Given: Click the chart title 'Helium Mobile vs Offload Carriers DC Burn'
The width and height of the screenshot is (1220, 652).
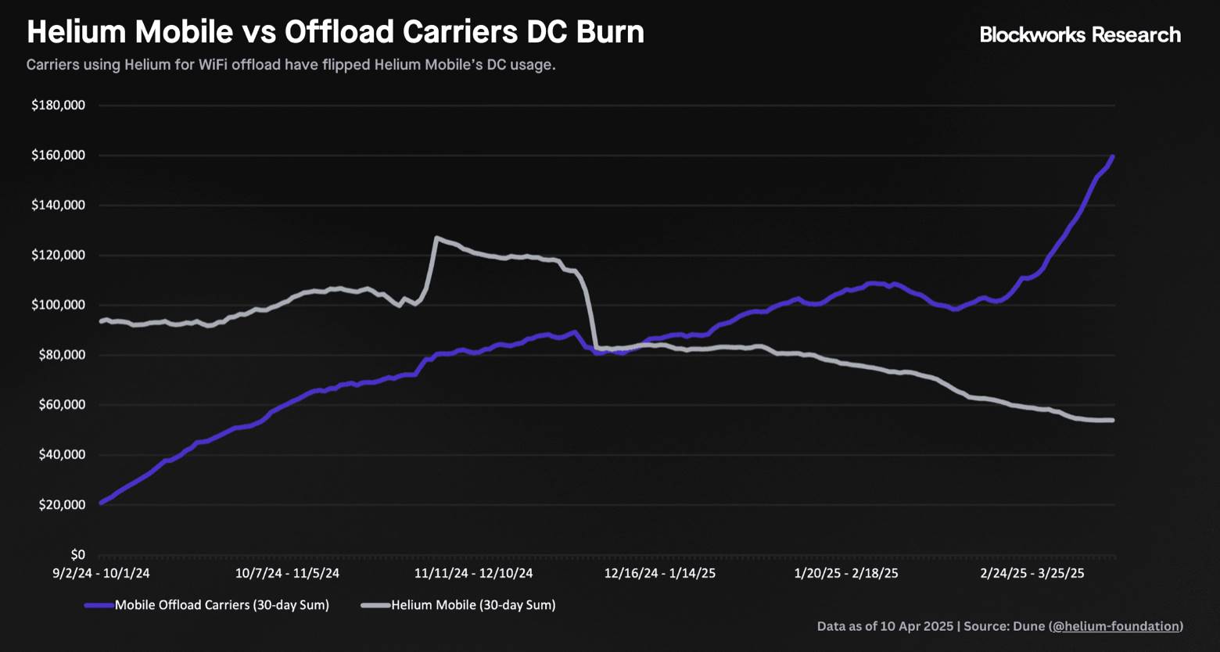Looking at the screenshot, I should pos(335,32).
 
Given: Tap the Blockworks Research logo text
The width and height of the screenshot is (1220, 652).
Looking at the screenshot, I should pos(1080,34).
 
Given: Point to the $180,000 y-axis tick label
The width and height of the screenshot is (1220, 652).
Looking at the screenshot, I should pos(58,106).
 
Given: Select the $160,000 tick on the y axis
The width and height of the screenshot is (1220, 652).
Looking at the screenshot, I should pos(58,156).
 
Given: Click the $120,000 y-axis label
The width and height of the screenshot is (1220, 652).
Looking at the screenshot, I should pos(58,255).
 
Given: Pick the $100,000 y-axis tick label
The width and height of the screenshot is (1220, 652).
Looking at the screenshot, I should pos(58,305).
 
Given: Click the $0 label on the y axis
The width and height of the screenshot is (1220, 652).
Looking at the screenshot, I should pos(77,555).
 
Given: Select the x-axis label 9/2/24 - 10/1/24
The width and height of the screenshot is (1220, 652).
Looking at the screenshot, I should pos(101,573).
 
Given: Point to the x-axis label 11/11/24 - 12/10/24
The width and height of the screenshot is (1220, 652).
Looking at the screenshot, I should pos(473,573).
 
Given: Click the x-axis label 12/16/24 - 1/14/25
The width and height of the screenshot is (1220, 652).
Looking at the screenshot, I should pos(659,573).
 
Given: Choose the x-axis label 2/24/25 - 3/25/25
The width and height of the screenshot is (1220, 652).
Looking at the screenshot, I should pos(1032,573).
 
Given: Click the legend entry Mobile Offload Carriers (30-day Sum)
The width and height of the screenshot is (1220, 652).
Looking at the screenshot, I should pos(221,605).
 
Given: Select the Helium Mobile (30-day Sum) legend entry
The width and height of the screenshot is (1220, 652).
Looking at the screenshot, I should pos(472,605).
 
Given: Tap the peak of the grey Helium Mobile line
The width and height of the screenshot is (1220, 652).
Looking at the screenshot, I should pos(436,238).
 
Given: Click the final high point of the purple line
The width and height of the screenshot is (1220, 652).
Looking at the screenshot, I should pos(1112,157).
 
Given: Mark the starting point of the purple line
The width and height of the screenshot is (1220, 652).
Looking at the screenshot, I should pos(101,503).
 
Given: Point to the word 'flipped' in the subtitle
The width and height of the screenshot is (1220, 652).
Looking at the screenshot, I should pos(342,65).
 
